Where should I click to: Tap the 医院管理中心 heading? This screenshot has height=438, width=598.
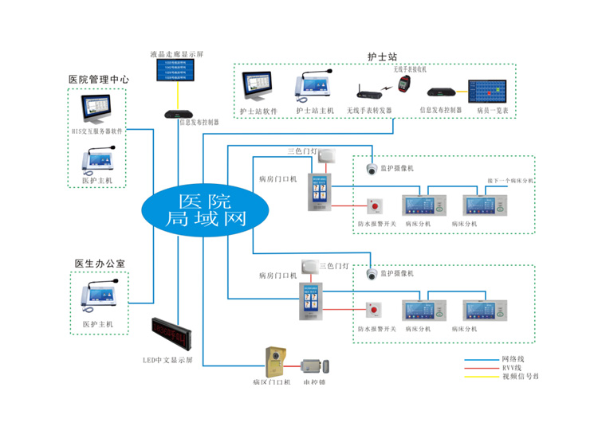click(x=98, y=80)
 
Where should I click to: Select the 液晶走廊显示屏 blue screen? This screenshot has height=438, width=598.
click(x=177, y=71)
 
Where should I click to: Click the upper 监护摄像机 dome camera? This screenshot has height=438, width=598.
click(x=372, y=169)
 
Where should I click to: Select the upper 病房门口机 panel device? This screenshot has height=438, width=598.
click(x=322, y=190)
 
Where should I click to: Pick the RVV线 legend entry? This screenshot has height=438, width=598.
click(x=510, y=367)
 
